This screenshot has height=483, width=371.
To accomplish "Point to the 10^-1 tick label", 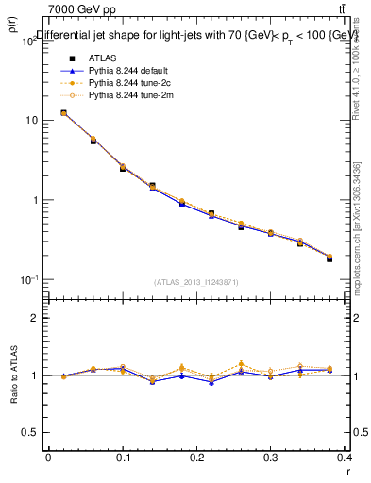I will (x=28, y=280).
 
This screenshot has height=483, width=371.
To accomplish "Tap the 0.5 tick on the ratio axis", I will (x=28, y=432).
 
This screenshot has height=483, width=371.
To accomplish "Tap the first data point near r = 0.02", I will (x=63, y=113).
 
